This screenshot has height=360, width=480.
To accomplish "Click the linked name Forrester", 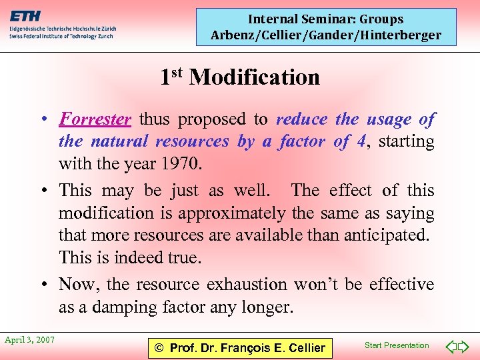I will (95, 119).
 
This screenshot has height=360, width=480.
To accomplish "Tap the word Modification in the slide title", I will (255, 77).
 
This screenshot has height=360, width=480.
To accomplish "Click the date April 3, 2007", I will (29, 340).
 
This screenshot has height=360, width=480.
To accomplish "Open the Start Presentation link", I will (397, 345).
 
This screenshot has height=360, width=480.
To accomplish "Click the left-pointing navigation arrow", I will (451, 346).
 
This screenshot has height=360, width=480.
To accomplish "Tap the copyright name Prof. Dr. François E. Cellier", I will (240, 347).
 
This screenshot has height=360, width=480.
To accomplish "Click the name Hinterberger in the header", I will (401, 35).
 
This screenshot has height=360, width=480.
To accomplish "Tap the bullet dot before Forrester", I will (42, 120).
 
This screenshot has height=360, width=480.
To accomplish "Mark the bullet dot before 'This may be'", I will (42, 191).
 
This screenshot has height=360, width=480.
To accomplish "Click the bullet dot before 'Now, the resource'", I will (42, 285).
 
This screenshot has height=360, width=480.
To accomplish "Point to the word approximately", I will (229, 213).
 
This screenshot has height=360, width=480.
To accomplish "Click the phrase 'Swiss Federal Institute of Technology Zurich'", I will (61, 36).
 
